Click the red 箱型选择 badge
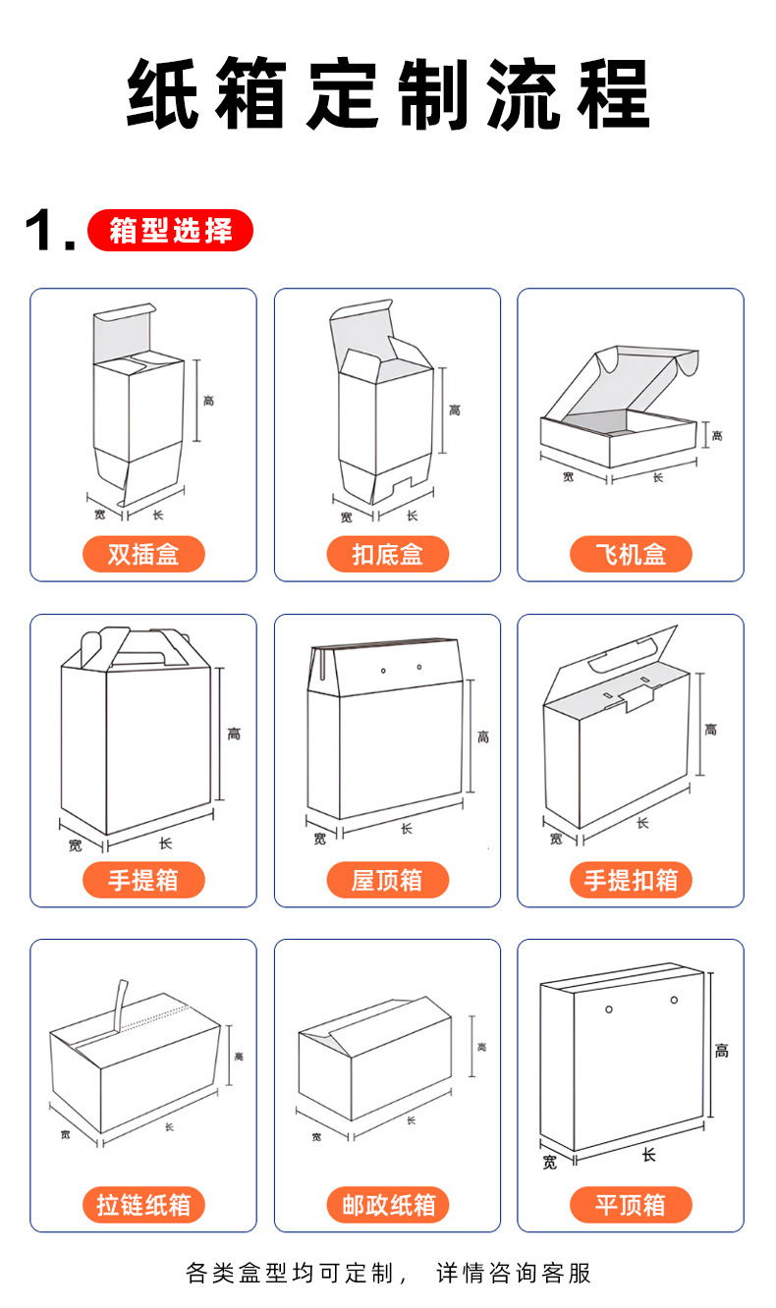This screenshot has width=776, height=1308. pyautogui.click(x=170, y=232)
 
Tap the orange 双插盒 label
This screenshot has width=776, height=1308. pyautogui.click(x=143, y=555)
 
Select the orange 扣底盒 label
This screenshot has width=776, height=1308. pyautogui.click(x=387, y=555)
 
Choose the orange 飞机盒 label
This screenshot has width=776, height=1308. pyautogui.click(x=631, y=555)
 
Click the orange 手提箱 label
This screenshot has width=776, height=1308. pyautogui.click(x=143, y=880)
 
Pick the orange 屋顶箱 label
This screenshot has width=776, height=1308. pyautogui.click(x=387, y=880)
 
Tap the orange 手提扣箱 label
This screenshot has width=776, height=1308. pyautogui.click(x=631, y=880)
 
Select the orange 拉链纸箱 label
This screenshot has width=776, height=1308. pyautogui.click(x=143, y=1205)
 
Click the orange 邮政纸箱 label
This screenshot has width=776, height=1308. pyautogui.click(x=387, y=1205)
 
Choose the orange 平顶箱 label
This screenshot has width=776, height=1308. pyautogui.click(x=631, y=1205)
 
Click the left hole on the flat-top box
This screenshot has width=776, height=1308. pyautogui.click(x=609, y=1008)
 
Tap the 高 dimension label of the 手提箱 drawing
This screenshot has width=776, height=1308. pyautogui.click(x=234, y=734)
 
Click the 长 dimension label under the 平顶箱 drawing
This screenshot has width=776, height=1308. pyautogui.click(x=648, y=1155)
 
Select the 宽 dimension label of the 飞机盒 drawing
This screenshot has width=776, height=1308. pyautogui.click(x=569, y=477)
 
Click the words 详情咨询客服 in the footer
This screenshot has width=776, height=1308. pyautogui.click(x=514, y=1274)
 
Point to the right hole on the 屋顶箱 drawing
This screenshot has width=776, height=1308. pyautogui.click(x=419, y=668)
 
